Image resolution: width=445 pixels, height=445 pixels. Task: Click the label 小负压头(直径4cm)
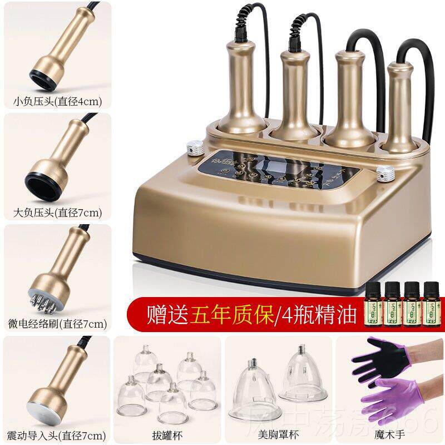pos(55,102)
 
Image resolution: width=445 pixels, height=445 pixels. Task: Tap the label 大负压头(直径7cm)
pos(55,212)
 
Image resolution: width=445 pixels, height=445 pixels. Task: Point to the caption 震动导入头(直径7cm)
pos(55,434)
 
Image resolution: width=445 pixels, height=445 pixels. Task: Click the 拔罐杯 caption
pos(166,434)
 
